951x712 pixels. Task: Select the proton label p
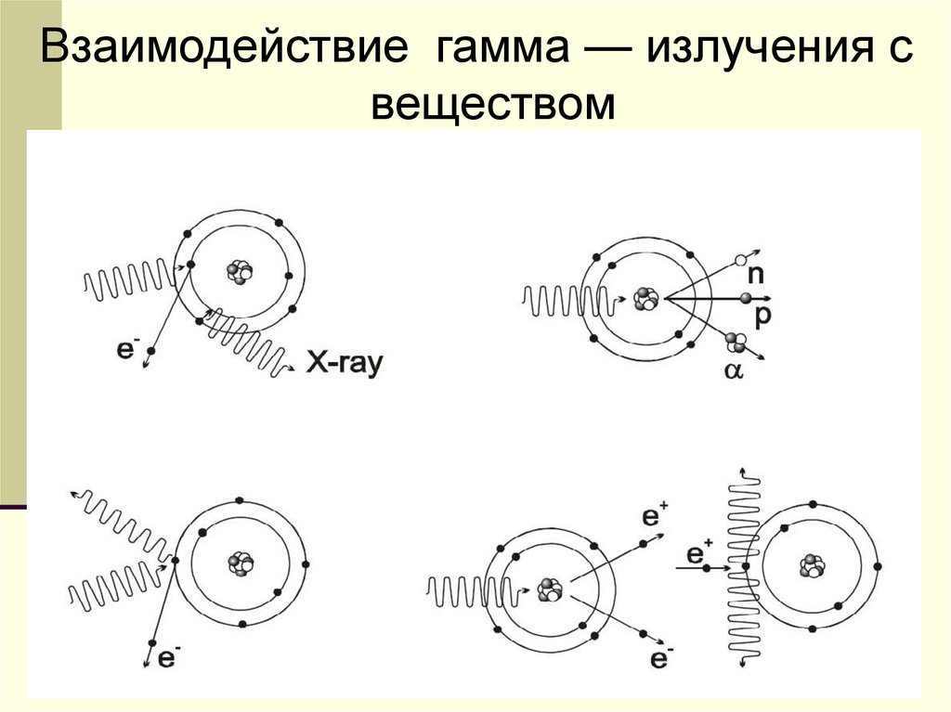(x=762, y=315)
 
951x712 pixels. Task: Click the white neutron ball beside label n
(x=741, y=261)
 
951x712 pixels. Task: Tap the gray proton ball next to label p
(x=745, y=298)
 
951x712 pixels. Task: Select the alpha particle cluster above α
(x=736, y=343)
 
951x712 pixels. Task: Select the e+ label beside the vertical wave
(x=698, y=555)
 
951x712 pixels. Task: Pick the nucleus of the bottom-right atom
(x=814, y=564)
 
